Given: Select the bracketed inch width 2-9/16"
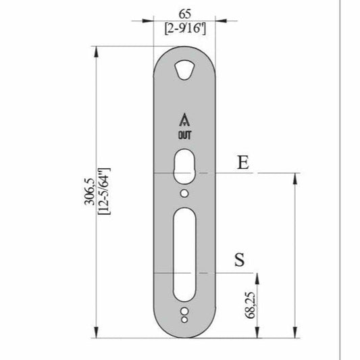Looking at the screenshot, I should point(185,28).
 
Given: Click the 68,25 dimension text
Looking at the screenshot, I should point(251,305).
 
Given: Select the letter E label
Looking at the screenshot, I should point(243,162).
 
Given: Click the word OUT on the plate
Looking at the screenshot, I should point(184,135).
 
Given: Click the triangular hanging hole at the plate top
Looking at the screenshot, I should point(184,70).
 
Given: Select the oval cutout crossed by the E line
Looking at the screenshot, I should point(184,167).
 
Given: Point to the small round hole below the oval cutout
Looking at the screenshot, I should point(184,194).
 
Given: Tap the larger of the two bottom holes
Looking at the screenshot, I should point(184,310).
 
